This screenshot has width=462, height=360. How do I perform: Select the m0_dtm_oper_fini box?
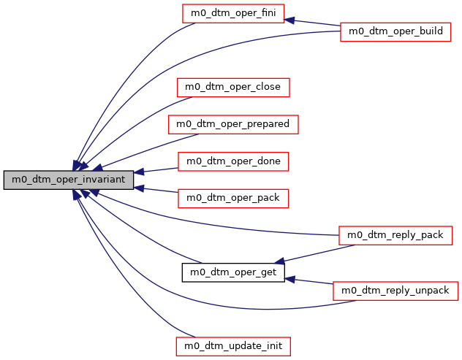click(x=233, y=12)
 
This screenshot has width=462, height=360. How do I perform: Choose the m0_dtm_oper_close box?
click(x=233, y=87)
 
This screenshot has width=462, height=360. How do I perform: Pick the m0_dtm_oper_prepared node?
click(x=233, y=124)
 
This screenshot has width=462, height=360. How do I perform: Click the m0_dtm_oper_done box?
click(x=233, y=161)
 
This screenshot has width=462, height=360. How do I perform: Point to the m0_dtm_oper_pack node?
click(x=233, y=198)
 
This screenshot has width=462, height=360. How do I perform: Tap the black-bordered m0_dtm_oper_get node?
click(x=233, y=272)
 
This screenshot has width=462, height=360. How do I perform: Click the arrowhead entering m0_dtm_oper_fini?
click(x=289, y=20)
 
